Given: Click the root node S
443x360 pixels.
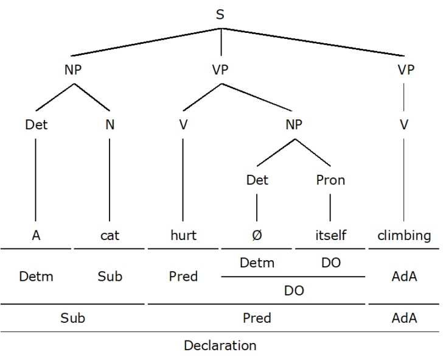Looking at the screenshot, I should point(220,15).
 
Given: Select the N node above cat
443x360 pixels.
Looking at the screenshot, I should point(110,125).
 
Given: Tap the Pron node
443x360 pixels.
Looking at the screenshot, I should point(330,180).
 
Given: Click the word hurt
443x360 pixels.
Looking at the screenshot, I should point(183,236).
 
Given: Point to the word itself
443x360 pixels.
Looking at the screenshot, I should point(330,236).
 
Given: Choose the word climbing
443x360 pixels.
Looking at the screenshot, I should point(403,236).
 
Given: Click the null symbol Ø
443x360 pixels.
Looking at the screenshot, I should point(257,236).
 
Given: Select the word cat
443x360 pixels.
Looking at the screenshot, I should point(110,236).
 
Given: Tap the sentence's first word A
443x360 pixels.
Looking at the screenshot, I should point(36,236).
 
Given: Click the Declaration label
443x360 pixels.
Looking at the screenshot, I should point(220,346).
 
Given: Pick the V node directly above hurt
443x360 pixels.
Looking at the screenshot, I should point(183,125).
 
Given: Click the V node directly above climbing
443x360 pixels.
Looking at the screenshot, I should point(404,125).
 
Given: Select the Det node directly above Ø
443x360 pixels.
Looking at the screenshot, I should point(257,180).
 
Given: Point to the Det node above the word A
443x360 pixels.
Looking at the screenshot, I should point(36,125).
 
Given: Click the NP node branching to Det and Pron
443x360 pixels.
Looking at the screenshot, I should point(294,125).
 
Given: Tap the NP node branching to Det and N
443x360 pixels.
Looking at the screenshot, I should point(73,70).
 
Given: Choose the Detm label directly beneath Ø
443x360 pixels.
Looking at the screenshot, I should point(257,263).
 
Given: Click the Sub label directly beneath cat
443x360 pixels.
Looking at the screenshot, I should point(110,277).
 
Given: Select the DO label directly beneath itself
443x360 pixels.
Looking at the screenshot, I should point(330,263).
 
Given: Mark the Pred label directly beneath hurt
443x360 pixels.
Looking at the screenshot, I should point(183,277).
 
